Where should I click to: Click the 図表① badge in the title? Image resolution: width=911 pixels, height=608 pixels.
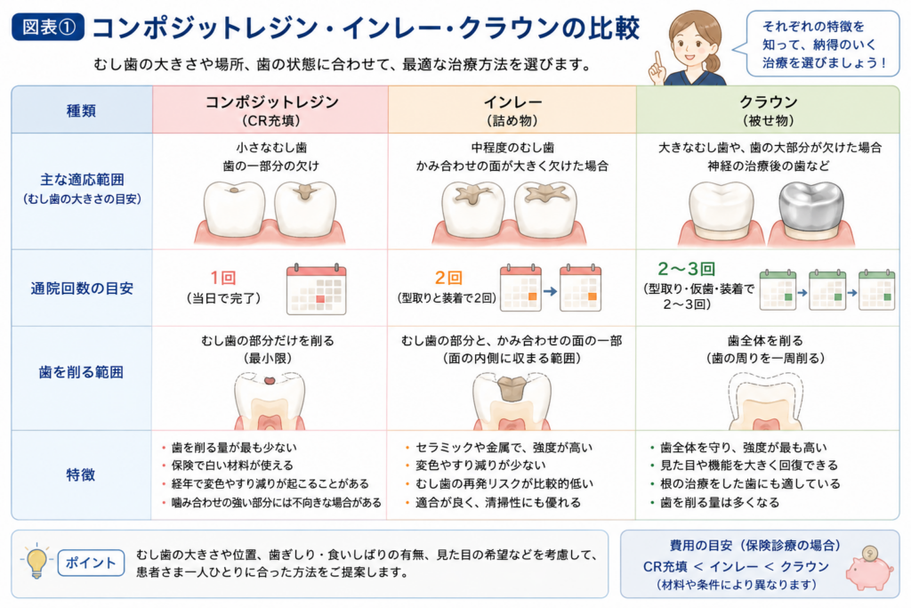48,28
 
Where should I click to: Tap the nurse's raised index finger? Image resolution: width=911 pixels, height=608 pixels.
658,60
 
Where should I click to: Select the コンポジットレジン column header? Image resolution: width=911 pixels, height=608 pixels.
271,109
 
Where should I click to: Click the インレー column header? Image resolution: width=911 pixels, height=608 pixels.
512,109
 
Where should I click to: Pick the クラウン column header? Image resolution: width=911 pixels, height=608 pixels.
768,109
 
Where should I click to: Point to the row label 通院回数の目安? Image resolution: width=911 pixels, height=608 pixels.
82,288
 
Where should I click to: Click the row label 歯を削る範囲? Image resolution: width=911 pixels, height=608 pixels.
81,372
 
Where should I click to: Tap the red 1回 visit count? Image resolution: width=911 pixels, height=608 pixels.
223,278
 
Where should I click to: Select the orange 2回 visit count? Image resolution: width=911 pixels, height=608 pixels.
448,278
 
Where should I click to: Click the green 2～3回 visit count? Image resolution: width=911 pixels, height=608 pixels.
687,269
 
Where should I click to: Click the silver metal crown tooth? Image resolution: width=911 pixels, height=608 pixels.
811,208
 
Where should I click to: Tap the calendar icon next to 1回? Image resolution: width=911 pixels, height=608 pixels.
316,289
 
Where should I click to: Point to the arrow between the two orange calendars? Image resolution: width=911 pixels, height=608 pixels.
550,291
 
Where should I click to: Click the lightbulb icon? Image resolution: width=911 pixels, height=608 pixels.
36,562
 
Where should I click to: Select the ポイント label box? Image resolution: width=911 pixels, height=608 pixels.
92,563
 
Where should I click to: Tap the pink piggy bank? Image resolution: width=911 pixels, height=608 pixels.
868,569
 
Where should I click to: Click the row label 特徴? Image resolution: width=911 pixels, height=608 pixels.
81,474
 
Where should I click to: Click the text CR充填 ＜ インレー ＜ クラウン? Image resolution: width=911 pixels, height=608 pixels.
736,567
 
